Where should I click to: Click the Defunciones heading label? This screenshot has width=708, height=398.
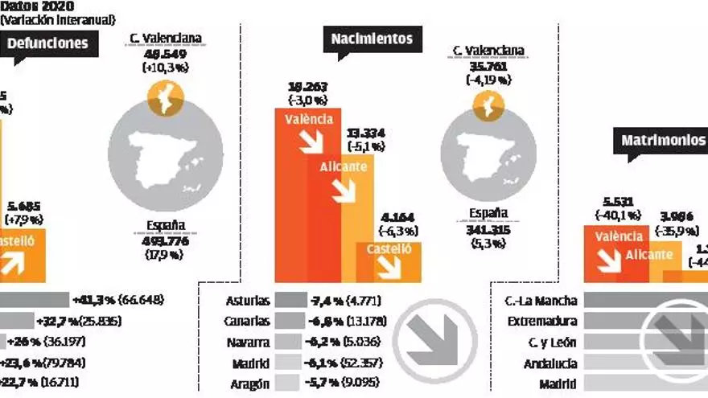click(47, 43)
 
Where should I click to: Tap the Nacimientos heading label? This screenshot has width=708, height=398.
click(372, 38)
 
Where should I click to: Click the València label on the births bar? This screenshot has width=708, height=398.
click(309, 119)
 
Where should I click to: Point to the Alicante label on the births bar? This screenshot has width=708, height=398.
click(344, 166)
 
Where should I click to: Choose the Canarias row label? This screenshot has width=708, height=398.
click(247, 322)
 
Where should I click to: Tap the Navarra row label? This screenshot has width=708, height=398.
click(249, 343)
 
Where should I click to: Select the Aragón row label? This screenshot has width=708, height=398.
click(250, 384)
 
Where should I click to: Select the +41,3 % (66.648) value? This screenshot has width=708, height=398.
click(118, 300)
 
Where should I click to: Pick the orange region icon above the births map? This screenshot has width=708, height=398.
click(488, 105)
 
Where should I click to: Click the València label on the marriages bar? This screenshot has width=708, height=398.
click(618, 236)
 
